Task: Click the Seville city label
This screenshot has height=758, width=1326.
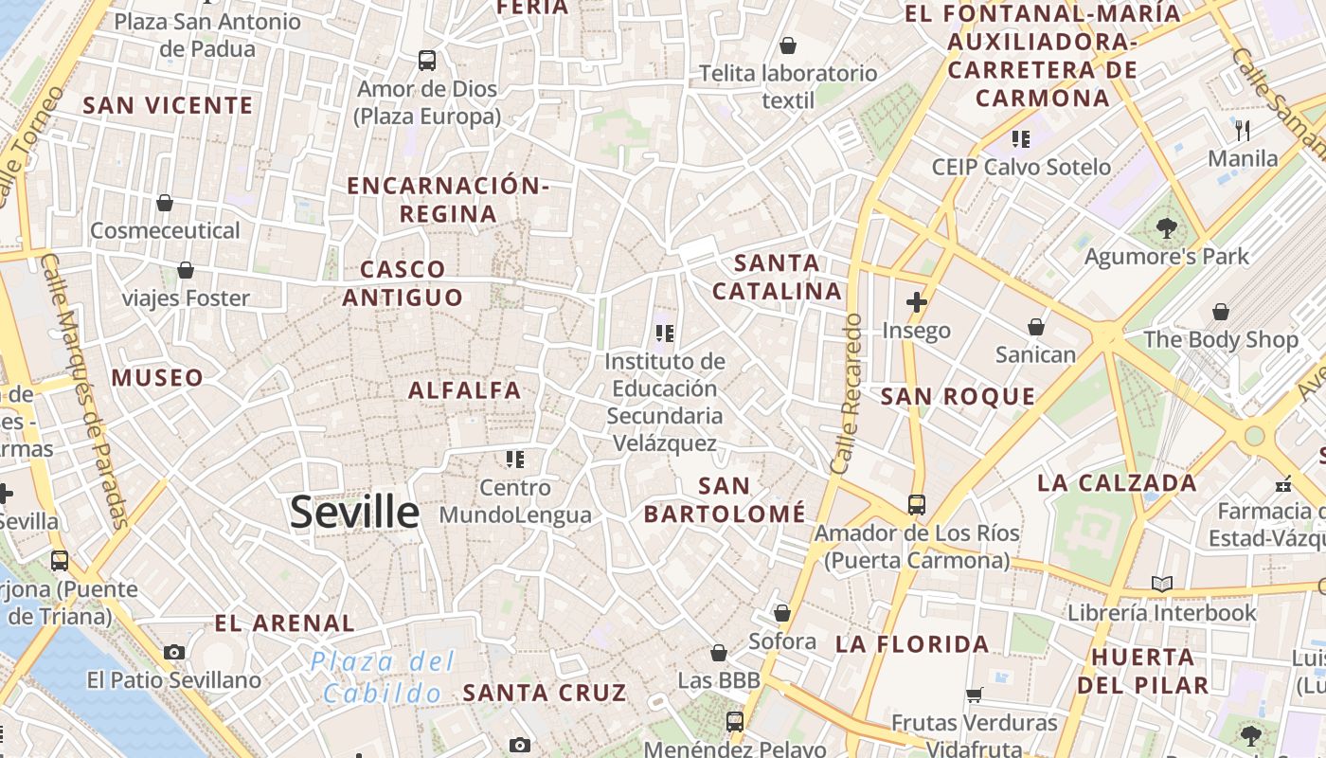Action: pos(354,513)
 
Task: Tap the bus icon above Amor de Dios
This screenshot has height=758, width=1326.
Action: pos(427,61)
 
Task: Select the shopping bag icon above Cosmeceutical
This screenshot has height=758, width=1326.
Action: pos(165,203)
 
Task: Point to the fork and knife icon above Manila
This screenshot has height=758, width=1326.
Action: pos(1243,130)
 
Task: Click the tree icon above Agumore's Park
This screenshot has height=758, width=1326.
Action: pos(1166,227)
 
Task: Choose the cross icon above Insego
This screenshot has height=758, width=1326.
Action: pos(916,303)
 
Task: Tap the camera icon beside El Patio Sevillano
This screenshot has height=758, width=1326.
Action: pos(174,652)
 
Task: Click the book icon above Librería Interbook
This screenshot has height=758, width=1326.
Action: pos(1162,585)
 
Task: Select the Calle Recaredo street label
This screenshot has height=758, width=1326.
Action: pos(846,393)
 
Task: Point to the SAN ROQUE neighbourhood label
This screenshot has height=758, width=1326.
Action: pos(958,396)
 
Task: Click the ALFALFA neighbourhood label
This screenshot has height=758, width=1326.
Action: pos(464,389)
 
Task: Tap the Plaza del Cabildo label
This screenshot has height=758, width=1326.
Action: pos(383,677)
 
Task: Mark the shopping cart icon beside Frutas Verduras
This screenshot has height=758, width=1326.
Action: pos(974,695)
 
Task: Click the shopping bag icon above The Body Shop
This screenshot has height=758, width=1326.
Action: pos(1221,311)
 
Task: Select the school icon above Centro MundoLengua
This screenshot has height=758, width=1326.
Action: pos(514,460)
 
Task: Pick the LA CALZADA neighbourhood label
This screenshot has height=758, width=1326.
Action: pos(1117,482)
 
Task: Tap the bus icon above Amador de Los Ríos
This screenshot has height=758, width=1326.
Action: pos(916,504)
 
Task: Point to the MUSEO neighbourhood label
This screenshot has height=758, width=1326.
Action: pos(157,378)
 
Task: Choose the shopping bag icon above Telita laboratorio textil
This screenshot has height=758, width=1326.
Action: pos(787,45)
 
